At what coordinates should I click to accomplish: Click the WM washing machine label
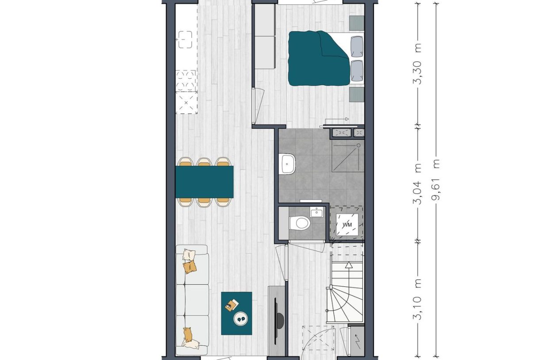[x=347, y=225]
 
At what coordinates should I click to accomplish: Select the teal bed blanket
[x=317, y=58]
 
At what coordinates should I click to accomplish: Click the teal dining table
[x=204, y=182]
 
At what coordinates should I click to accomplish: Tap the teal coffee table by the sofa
[x=236, y=313]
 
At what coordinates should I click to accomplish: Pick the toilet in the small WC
[x=300, y=223]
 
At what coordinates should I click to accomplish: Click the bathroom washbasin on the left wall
[x=288, y=164]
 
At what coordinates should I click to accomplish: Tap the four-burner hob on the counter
[x=186, y=80]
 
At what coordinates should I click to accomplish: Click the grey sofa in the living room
[x=192, y=300]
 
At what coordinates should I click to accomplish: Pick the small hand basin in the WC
[x=317, y=213]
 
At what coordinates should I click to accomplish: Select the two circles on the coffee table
[x=241, y=317]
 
